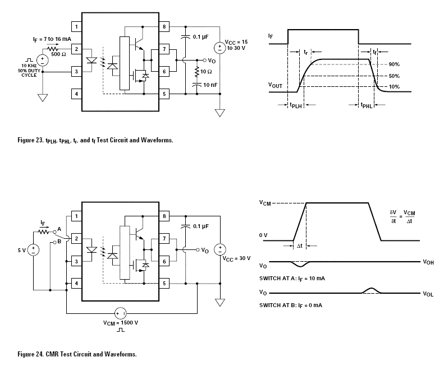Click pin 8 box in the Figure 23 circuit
(164, 27)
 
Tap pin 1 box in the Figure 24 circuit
(76, 216)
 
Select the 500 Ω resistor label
(58, 54)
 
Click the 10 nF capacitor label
(210, 85)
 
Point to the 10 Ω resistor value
(206, 72)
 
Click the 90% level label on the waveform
(394, 64)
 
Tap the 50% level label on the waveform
(394, 76)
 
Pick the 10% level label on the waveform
(394, 86)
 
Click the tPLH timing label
(296, 105)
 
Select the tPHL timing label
(367, 105)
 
